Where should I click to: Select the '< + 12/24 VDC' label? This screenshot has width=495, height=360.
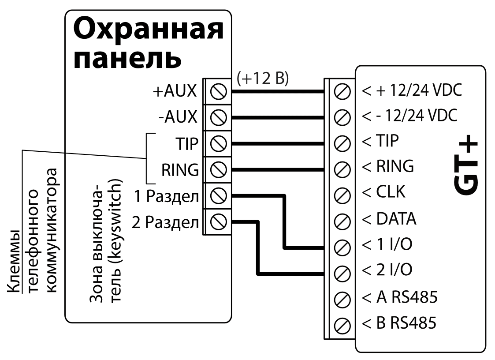411,91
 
